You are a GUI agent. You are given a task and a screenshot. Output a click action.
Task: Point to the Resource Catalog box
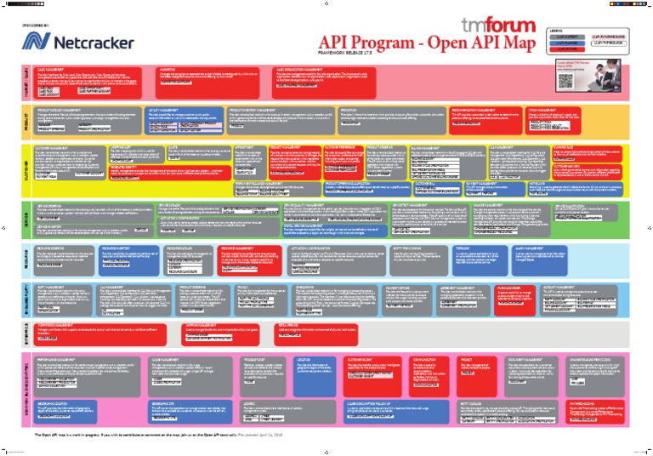[187, 256]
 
